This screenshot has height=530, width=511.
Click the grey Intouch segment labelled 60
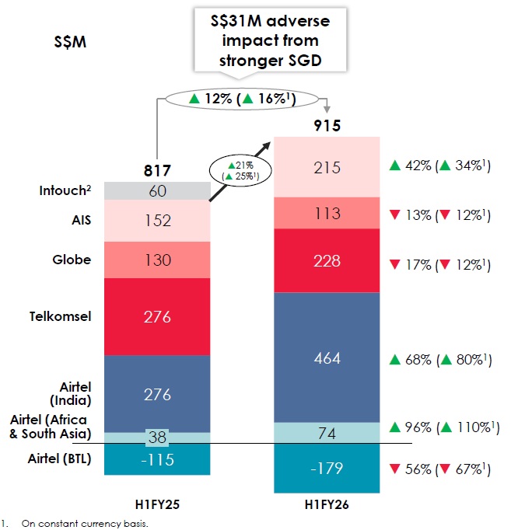click(158, 190)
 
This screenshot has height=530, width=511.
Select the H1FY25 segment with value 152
click(158, 220)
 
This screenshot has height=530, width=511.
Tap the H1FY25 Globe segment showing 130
click(158, 260)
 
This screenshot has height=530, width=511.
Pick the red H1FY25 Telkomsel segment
click(158, 316)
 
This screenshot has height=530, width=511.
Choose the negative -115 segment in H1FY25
click(158, 459)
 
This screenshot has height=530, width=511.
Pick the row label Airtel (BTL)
click(65, 459)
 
